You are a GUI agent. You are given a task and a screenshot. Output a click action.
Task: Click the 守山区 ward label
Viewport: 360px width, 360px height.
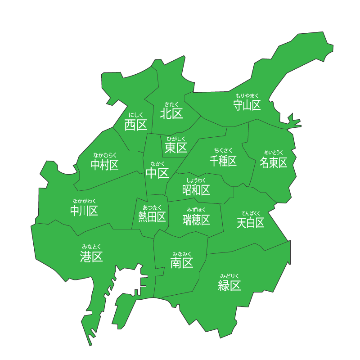(x=247, y=106)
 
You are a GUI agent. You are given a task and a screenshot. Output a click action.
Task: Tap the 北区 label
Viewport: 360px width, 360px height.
(x=171, y=113)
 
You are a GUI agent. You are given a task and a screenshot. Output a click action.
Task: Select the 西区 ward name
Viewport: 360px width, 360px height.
(x=136, y=125)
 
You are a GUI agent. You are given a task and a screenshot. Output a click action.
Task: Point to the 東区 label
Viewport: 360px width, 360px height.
(x=175, y=148)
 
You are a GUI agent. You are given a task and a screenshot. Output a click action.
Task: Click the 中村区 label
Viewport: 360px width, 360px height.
(x=105, y=165)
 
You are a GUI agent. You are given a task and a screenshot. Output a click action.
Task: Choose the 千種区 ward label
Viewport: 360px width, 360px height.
(x=223, y=161)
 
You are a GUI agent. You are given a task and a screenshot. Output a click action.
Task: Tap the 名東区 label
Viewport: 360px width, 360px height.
(x=274, y=162)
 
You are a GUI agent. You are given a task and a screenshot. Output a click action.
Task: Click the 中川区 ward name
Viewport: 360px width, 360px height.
(x=84, y=211)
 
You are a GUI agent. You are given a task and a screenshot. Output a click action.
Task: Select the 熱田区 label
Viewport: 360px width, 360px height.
(x=152, y=217)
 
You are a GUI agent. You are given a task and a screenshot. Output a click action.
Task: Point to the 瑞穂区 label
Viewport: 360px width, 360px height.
(x=196, y=220)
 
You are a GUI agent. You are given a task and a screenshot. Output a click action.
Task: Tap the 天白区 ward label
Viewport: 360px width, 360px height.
(x=251, y=223)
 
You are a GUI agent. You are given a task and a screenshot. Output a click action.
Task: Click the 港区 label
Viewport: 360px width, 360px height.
(x=91, y=256)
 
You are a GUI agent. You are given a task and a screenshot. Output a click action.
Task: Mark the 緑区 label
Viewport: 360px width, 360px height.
(x=229, y=285)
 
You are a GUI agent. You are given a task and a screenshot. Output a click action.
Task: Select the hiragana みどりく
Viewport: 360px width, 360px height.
(x=229, y=275)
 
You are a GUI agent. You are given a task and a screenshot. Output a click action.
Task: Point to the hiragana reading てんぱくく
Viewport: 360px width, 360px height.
(x=251, y=213)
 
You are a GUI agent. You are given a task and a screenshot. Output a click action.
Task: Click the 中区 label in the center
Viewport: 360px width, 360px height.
(x=157, y=173)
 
